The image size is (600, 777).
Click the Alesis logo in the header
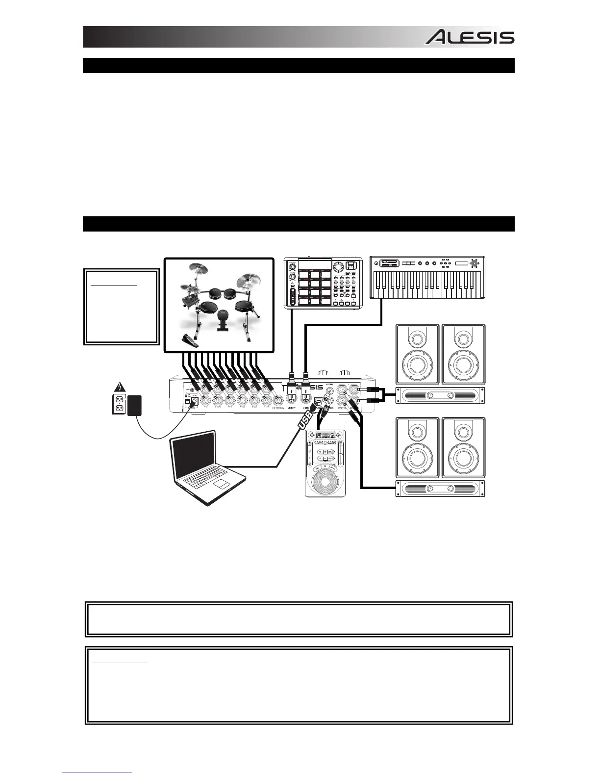click(x=469, y=37)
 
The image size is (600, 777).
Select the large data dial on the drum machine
click(x=338, y=267)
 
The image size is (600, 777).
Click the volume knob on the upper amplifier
click(x=430, y=396)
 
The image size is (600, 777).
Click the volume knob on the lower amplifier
click(x=430, y=489)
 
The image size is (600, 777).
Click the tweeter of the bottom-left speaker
click(x=417, y=432)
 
